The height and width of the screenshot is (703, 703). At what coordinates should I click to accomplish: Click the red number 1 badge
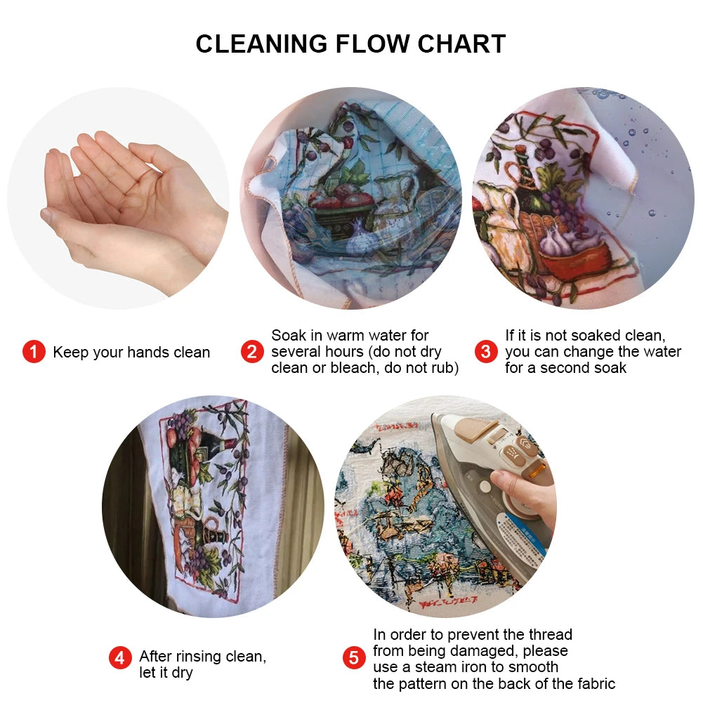point(34,352)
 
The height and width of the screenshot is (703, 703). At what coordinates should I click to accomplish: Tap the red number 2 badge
point(252,352)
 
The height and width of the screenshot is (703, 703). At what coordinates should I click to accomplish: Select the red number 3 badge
point(485,352)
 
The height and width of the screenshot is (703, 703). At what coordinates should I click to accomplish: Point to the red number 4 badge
point(120,658)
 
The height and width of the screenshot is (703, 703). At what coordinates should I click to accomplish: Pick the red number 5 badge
point(354,658)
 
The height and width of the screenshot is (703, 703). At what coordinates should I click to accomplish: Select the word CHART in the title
point(462,44)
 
